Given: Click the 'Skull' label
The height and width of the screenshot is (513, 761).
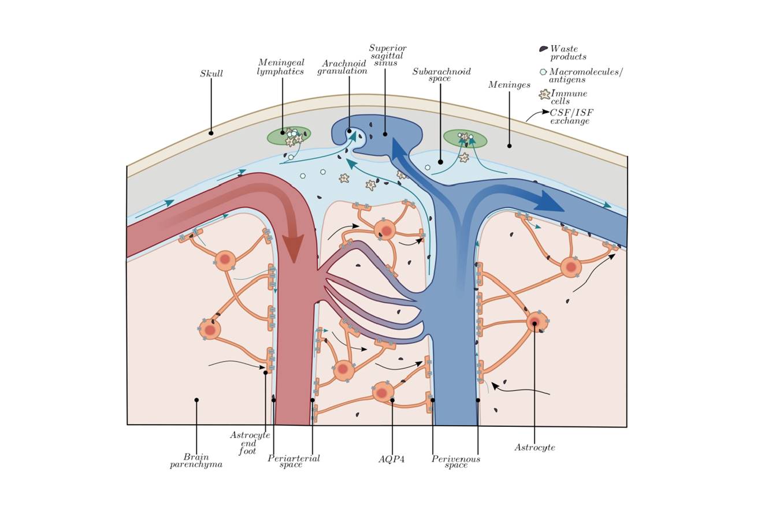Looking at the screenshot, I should [211, 74].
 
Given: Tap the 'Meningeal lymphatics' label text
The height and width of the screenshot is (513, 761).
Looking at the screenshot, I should [281, 67].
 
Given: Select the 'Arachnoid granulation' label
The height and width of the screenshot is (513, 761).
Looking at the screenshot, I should [343, 67].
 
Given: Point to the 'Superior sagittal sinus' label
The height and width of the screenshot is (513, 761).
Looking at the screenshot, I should [387, 55].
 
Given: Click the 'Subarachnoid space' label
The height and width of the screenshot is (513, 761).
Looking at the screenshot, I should [441, 75].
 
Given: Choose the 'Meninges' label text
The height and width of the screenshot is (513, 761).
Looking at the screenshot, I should [508, 85].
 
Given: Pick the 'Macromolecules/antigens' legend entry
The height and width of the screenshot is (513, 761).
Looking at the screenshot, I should [585, 76].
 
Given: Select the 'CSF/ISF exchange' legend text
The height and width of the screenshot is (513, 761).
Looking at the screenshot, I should [571, 117].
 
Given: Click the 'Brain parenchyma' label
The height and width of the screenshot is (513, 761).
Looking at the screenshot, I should [196, 460].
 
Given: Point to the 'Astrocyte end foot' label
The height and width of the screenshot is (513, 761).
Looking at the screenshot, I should [250, 443].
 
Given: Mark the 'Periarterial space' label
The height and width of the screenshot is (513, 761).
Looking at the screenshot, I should [294, 461].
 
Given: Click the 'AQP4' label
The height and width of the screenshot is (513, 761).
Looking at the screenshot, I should [391, 460].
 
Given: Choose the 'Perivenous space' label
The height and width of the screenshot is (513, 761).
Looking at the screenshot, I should [456, 462].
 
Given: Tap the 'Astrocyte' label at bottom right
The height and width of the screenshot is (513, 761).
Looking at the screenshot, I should [534, 448].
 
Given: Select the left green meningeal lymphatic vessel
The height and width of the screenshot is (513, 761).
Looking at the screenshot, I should [289, 136].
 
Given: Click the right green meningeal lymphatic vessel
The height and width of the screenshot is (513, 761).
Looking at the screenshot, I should [465, 139].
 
